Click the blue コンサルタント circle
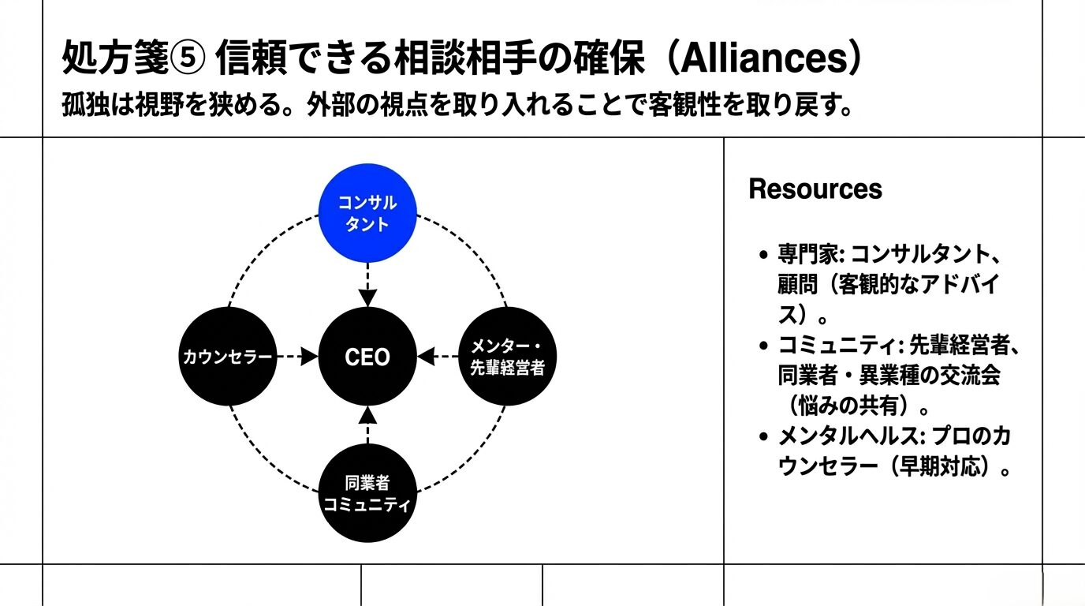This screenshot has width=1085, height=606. pos(367,212)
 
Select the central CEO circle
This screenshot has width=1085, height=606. pos(367,357)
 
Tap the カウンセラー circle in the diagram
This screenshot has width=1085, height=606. pos(229,357)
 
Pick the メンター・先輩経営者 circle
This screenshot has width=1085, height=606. pos(507,357)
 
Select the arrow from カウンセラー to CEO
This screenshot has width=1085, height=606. pos(297,357)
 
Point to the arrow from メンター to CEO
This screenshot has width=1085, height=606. pos(438,357)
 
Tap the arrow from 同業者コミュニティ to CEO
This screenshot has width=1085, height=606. pos(367,426)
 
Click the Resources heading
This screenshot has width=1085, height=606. pos(815,189)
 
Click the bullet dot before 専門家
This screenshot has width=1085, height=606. pos(762,256)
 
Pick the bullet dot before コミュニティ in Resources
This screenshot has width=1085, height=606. pos(762,346)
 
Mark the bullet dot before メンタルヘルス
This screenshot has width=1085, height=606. pos(762,437)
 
